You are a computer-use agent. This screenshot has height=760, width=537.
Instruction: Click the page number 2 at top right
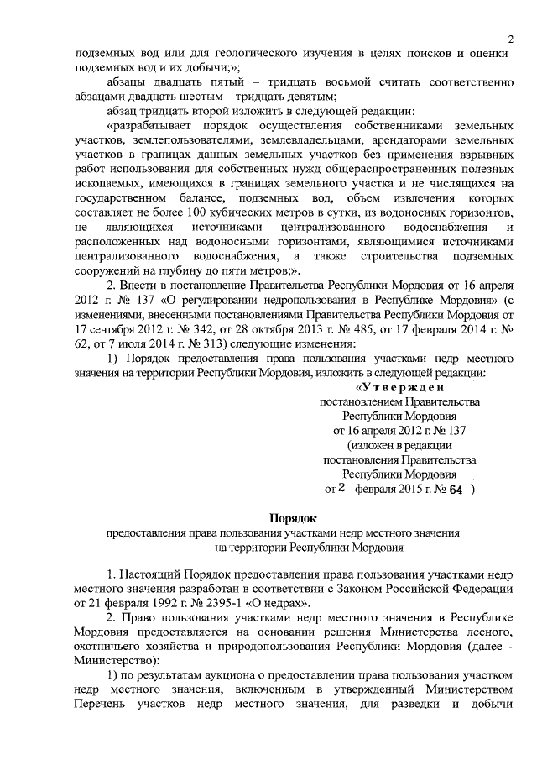509,39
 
